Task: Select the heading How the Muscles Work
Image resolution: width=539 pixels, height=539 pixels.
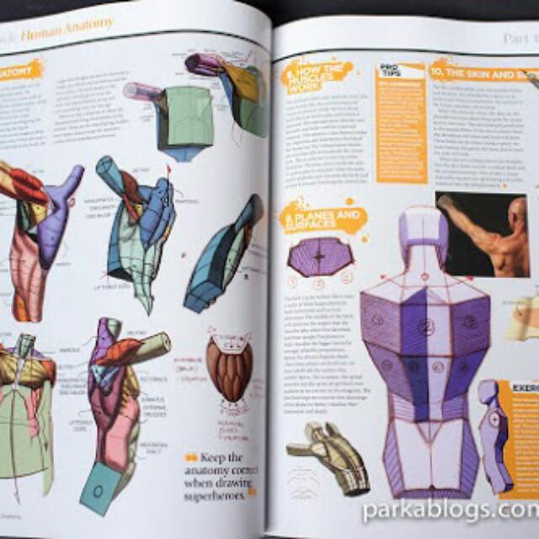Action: pos(318,73)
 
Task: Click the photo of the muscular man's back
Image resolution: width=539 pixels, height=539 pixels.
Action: pos(482,234)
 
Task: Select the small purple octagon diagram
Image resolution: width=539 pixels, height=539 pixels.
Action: pos(319,255)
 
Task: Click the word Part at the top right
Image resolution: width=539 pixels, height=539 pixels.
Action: pos(515,38)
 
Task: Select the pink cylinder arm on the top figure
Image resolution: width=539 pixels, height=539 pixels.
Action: pos(142,90)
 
